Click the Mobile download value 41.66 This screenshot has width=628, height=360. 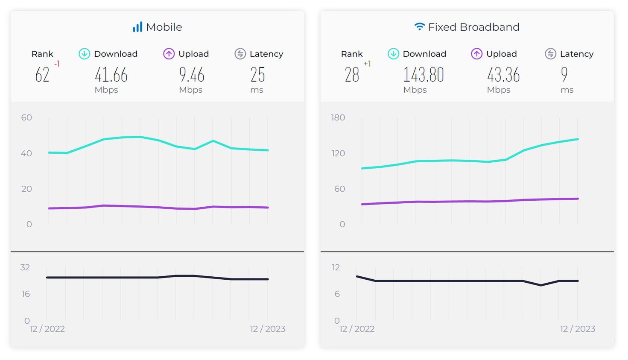click(x=111, y=75)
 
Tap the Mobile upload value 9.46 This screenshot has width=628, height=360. click(x=192, y=75)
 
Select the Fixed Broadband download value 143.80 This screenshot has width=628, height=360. click(x=424, y=75)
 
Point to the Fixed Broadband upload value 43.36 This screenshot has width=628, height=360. click(x=503, y=75)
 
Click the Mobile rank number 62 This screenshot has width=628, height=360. click(x=42, y=75)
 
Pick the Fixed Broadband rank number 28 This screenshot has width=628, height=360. click(x=352, y=75)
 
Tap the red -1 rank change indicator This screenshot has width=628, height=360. click(x=57, y=64)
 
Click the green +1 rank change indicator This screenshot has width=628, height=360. click(x=367, y=64)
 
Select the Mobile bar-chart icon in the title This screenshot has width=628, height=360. click(x=137, y=27)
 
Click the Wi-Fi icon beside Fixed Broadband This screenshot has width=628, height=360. click(x=420, y=27)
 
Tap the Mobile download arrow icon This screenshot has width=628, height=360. click(x=84, y=54)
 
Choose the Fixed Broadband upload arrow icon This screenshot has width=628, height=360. click(x=476, y=54)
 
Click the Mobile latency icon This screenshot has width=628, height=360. click(x=240, y=54)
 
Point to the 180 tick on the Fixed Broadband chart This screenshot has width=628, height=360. click(x=338, y=117)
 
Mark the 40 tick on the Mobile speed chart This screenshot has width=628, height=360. click(x=26, y=153)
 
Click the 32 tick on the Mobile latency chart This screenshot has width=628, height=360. click(x=25, y=267)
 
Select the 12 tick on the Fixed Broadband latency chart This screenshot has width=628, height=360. click(x=336, y=267)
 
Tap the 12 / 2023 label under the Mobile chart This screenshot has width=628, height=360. click(x=268, y=329)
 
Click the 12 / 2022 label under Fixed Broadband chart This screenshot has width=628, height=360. click(x=357, y=329)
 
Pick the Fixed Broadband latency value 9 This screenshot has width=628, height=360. click(x=564, y=75)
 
